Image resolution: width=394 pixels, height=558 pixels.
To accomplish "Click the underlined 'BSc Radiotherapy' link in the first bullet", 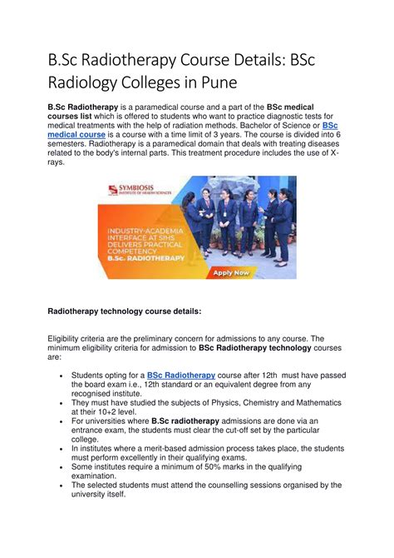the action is click(181, 376).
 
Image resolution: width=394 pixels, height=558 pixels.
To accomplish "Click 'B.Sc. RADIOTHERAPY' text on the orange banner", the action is click(146, 258).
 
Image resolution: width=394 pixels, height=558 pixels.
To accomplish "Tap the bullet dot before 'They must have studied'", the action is click(64, 401).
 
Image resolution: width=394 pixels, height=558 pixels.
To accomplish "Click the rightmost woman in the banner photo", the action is click(283, 221).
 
